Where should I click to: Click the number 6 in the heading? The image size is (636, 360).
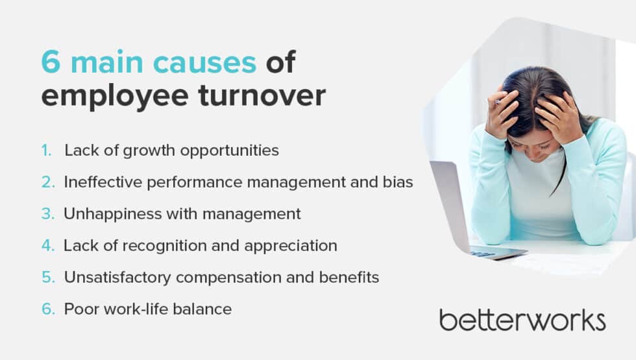click(51, 63)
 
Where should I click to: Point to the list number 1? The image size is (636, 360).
click(46, 150)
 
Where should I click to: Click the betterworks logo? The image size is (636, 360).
click(522, 320)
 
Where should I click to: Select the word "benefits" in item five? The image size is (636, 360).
click(352, 278)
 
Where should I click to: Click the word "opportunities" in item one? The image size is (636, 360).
click(231, 151)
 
